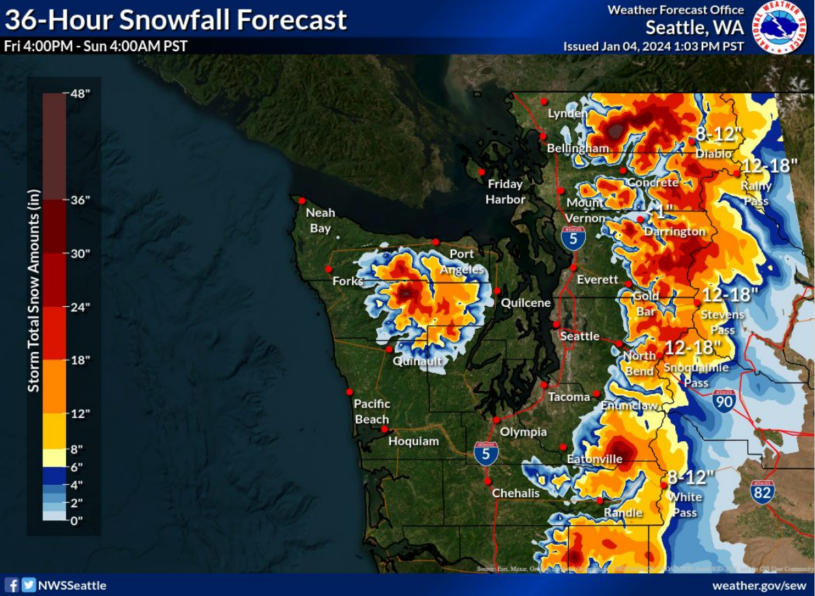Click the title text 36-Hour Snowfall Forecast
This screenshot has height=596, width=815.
(x=176, y=20)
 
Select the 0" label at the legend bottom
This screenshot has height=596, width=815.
(x=76, y=520)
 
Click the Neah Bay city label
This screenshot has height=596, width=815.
(x=320, y=220)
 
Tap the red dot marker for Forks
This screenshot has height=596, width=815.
(x=329, y=269)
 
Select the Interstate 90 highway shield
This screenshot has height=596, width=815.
(x=724, y=400)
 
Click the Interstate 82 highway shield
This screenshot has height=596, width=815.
(x=762, y=492)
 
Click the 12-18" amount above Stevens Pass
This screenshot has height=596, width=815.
(x=730, y=295)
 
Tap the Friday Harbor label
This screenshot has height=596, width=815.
(x=505, y=192)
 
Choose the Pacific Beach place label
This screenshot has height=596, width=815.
(x=372, y=411)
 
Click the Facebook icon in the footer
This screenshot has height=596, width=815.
(x=12, y=585)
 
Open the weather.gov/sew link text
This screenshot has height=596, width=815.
(x=759, y=586)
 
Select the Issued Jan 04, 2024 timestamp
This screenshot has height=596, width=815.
(x=653, y=46)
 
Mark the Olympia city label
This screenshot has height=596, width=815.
(x=523, y=432)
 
